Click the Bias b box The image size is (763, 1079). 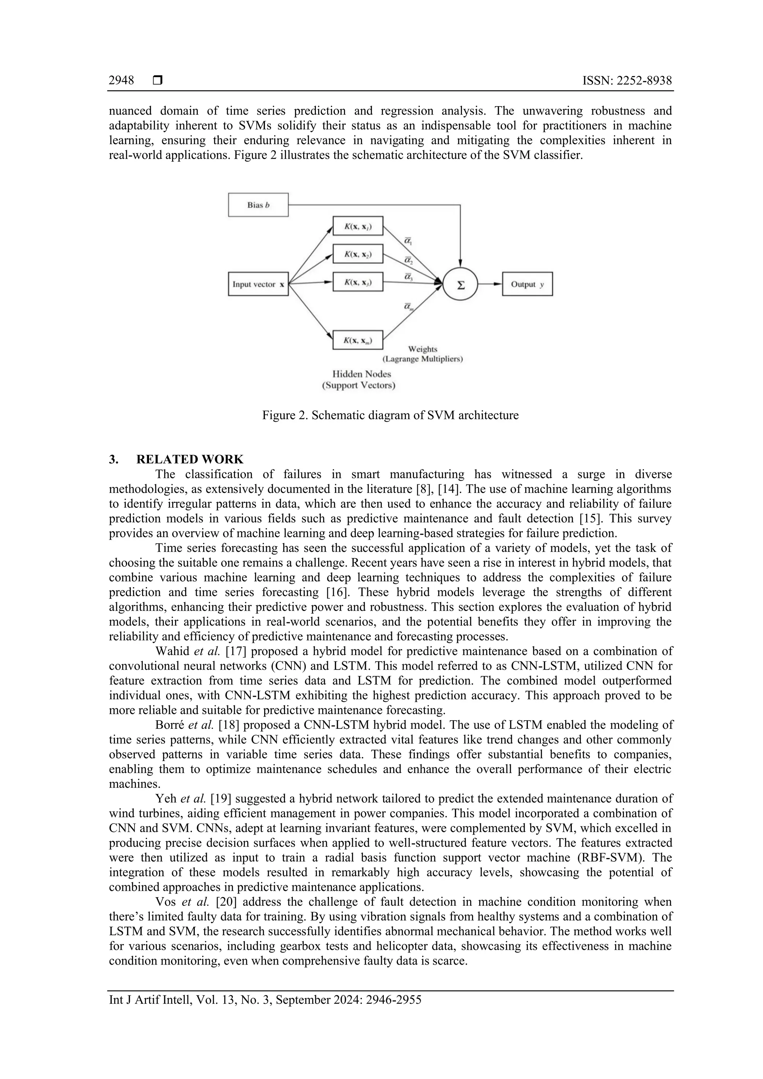258,205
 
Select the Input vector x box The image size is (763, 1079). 258,284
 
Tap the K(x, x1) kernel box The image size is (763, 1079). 358,226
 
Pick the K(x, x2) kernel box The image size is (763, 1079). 358,254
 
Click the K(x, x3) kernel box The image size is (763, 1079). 358,282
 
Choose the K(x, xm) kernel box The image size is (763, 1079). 358,340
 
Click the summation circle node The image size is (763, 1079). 460,284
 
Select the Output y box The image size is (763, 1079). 527,284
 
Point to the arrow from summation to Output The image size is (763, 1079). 490,284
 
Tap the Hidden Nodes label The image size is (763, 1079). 361,374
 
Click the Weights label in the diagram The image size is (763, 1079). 422,349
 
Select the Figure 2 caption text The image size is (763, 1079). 390,415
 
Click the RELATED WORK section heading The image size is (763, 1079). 190,459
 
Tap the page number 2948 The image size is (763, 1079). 121,80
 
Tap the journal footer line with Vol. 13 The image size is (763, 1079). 265,1000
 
